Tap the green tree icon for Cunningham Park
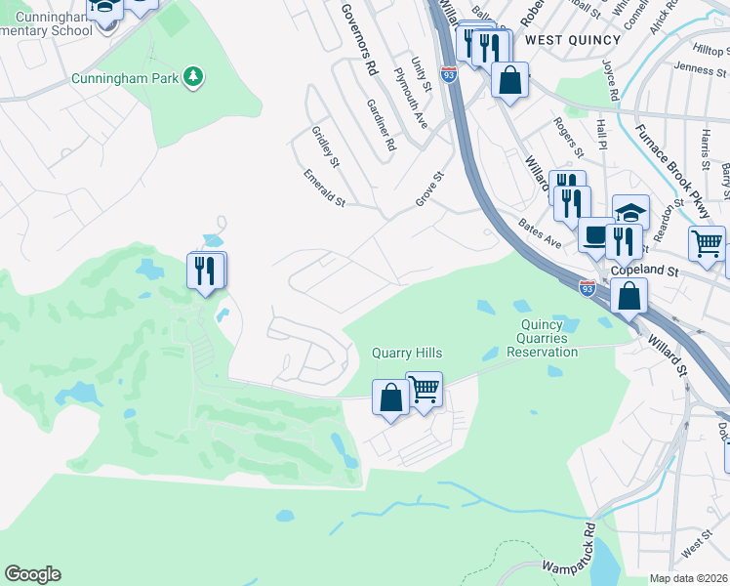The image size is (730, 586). [x=194, y=76]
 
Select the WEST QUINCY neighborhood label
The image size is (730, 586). [x=572, y=40]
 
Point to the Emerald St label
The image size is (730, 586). [x=324, y=188]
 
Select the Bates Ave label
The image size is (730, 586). [x=540, y=234]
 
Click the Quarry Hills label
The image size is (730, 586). [x=407, y=354]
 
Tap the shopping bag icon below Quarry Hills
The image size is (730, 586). [x=390, y=398]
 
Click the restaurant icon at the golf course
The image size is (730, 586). [x=205, y=270]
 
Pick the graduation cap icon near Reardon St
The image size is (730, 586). [x=630, y=212]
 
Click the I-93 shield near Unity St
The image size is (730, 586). [x=448, y=73]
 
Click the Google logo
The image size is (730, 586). [x=32, y=574]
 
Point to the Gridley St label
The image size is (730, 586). [x=325, y=146]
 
